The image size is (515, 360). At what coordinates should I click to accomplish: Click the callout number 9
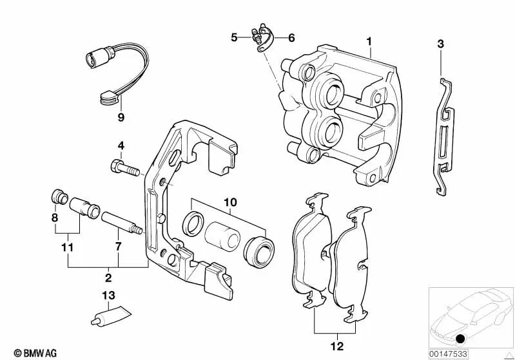[x=121, y=117]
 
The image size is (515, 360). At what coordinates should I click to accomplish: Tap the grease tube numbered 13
[x=111, y=316]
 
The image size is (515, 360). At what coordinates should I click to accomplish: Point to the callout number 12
[x=337, y=346]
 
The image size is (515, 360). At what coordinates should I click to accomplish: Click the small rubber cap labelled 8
[x=60, y=196]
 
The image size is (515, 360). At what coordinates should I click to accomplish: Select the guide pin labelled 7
[x=122, y=223]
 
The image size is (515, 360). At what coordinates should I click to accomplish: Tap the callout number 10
[x=230, y=202]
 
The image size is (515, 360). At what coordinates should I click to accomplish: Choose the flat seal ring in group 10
[x=193, y=223]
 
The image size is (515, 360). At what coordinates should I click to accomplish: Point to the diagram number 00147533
[x=448, y=354]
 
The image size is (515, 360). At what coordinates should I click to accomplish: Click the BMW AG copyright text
[x=35, y=354]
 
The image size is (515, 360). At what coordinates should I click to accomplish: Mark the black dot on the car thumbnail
[x=461, y=338]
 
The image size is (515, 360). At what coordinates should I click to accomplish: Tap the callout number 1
[x=369, y=41]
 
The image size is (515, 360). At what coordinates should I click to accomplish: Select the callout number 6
[x=291, y=38]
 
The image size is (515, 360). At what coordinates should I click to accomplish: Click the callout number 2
[x=108, y=278]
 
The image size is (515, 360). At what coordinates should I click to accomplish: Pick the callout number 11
[x=67, y=247]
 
